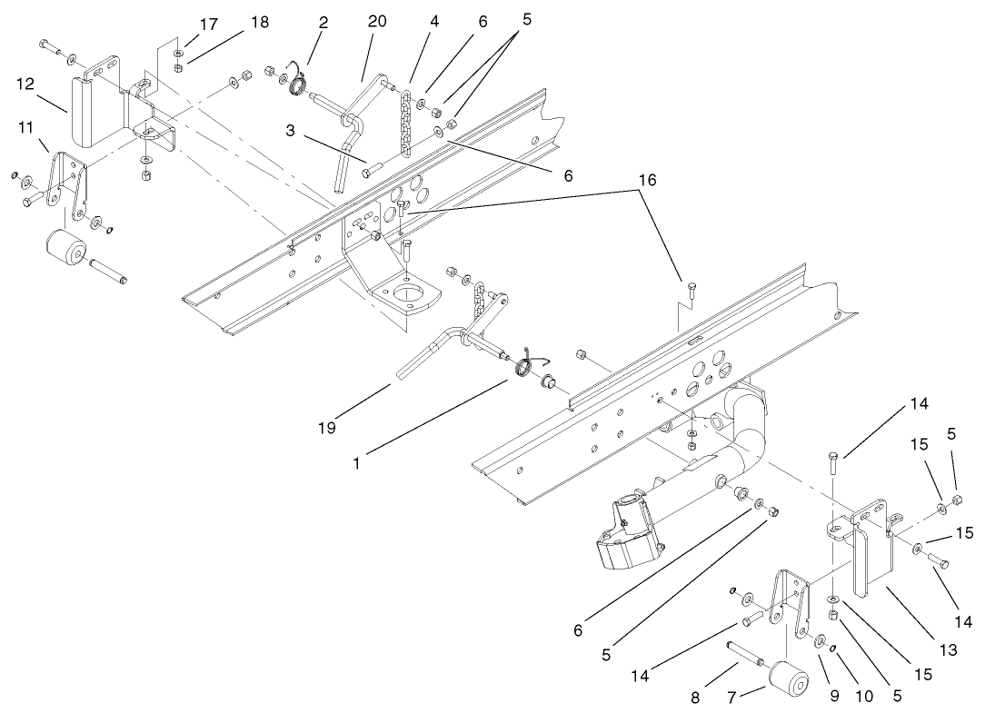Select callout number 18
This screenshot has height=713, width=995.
click(x=259, y=23)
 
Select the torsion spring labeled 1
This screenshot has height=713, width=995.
click(x=525, y=366)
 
